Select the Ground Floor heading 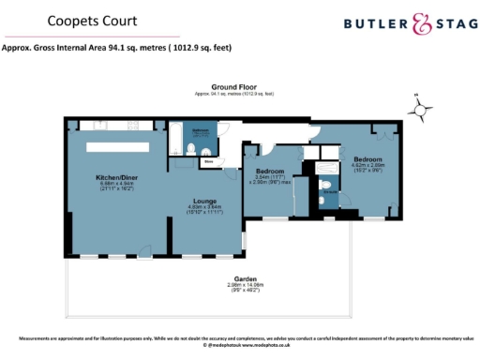coord(233,86)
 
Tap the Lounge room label coord(205,201)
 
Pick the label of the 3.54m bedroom coord(270,171)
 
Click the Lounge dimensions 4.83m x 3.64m coord(205,209)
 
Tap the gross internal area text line coord(116,47)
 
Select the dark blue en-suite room coord(328,188)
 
